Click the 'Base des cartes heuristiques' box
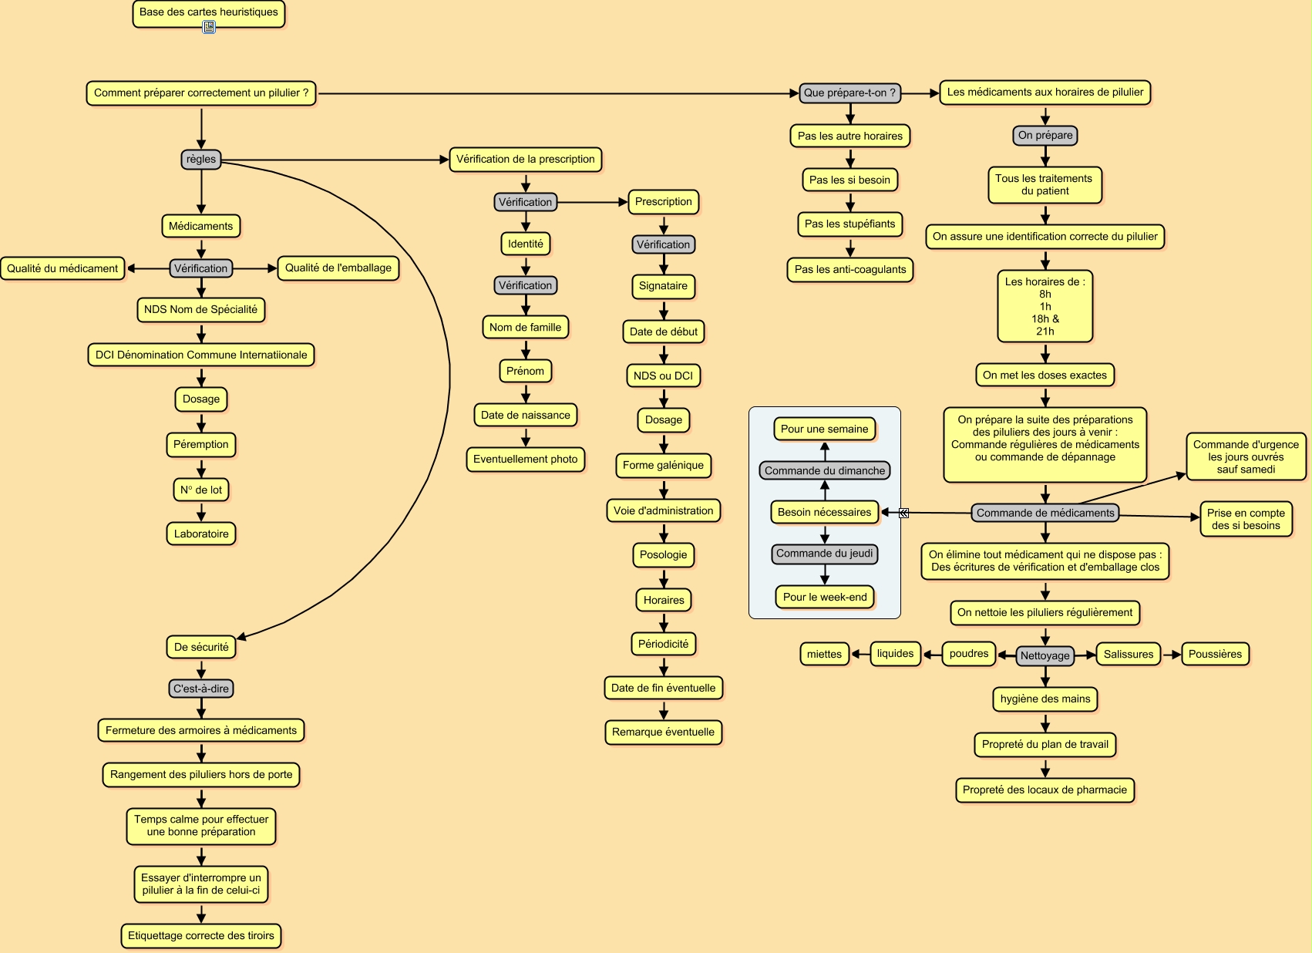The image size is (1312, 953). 208,12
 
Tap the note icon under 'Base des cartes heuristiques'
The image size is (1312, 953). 209,28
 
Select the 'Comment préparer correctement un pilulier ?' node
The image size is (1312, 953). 200,93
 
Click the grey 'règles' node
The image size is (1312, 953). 201,160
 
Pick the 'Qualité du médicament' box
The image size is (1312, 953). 62,268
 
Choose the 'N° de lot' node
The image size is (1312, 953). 201,490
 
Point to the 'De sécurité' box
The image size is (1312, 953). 201,647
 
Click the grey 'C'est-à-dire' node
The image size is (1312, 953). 201,689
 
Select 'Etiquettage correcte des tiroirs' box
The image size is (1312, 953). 201,936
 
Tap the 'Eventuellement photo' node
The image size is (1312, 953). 525,460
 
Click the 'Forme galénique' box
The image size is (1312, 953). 663,466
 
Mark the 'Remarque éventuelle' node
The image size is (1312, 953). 663,732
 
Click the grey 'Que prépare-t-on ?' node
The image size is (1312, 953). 849,93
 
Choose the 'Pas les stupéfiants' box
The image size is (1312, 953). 849,224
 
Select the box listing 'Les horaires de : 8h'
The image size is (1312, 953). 1045,306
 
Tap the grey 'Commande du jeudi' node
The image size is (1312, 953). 824,554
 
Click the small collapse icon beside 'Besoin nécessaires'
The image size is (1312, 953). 904,513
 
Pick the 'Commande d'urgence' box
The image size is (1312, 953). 1246,456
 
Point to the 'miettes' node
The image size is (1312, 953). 824,655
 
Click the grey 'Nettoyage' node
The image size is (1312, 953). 1045,656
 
